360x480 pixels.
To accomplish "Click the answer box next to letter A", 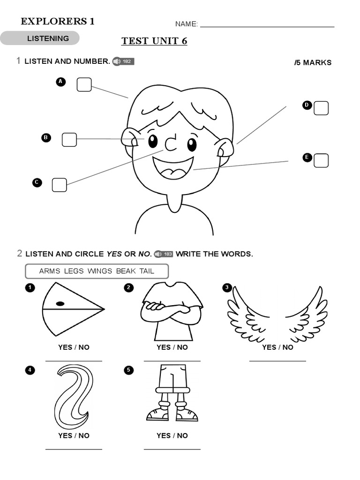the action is pyautogui.click(x=84, y=85).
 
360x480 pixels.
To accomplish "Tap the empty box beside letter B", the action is pyautogui.click(x=69, y=140).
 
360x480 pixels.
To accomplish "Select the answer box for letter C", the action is pyautogui.click(x=59, y=185).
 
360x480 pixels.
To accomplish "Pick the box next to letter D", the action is pyautogui.click(x=321, y=108).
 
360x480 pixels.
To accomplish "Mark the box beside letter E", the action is pyautogui.click(x=321, y=160).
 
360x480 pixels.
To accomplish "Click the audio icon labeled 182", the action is pyautogui.click(x=123, y=61).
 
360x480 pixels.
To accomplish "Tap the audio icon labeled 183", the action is pyautogui.click(x=164, y=254).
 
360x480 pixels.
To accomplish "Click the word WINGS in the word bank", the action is pyautogui.click(x=100, y=271).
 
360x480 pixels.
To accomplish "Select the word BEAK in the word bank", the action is pyautogui.click(x=126, y=271).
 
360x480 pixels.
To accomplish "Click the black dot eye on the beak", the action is pyautogui.click(x=60, y=304).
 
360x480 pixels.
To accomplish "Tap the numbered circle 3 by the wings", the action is pyautogui.click(x=227, y=287).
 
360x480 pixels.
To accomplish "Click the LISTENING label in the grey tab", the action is pyautogui.click(x=48, y=38).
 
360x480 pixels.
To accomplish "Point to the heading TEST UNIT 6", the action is pyautogui.click(x=154, y=41).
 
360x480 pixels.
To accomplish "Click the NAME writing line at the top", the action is pyautogui.click(x=267, y=25).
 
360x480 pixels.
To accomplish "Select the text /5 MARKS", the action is pyautogui.click(x=313, y=63).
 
